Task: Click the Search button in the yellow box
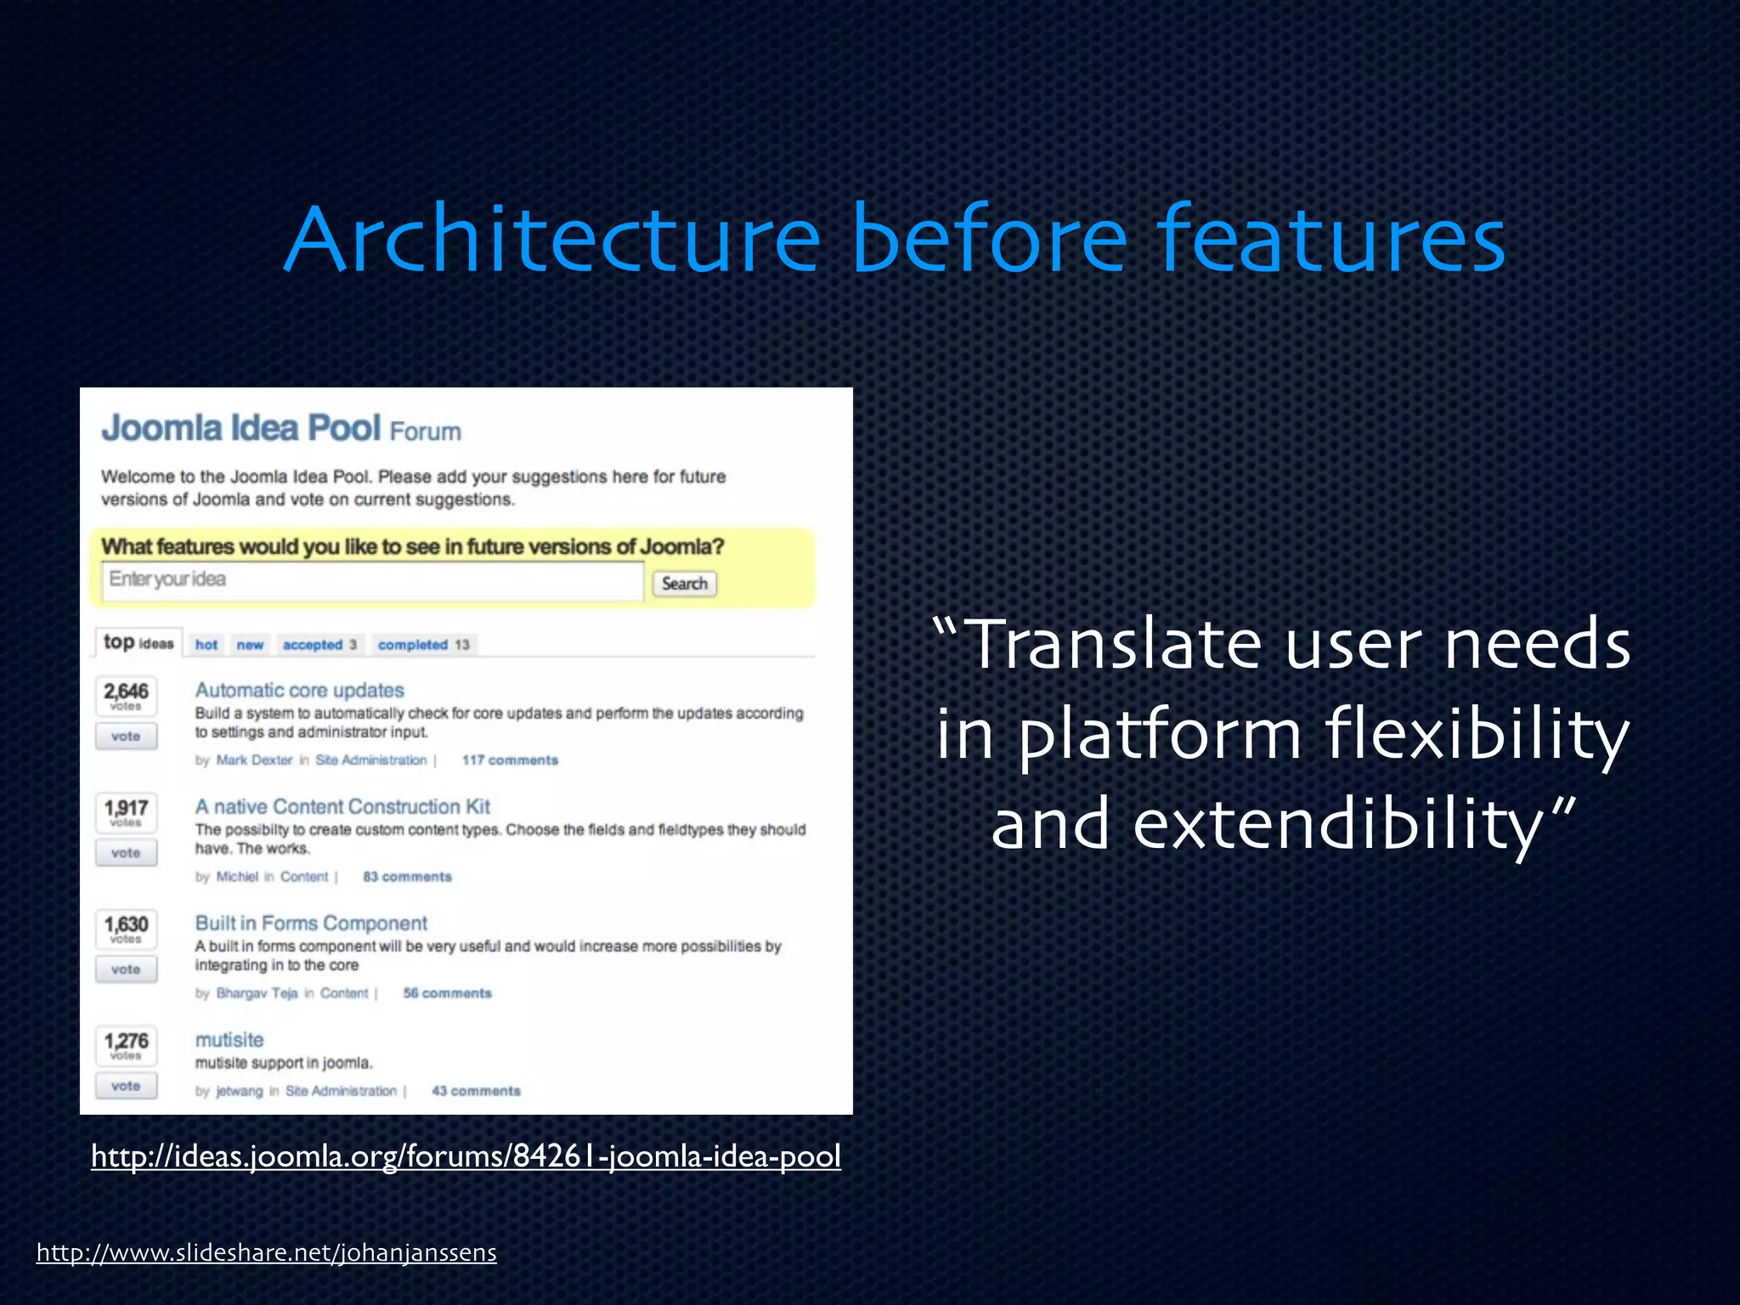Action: (684, 584)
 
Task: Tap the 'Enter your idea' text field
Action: (372, 580)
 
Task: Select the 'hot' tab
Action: (206, 645)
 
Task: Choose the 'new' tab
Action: (250, 645)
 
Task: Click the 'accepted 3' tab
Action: (319, 645)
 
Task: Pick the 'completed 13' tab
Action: (423, 645)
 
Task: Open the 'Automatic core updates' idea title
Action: (299, 690)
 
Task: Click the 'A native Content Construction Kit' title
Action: (342, 806)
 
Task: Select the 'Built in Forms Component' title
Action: (311, 923)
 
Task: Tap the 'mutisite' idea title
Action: (229, 1039)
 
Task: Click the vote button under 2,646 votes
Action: (126, 737)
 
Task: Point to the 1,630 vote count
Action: (126, 924)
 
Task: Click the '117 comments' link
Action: (510, 760)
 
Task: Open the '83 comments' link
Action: (407, 877)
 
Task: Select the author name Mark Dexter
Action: (254, 760)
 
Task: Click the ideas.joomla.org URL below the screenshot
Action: (466, 1156)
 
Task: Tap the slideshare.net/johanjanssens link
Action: (266, 1252)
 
